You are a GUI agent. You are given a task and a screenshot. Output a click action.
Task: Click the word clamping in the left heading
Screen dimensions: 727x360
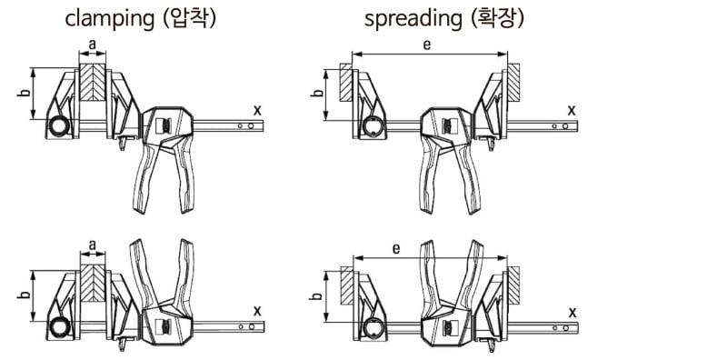click(109, 19)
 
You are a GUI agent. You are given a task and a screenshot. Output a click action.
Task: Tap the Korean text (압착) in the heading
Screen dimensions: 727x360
click(188, 18)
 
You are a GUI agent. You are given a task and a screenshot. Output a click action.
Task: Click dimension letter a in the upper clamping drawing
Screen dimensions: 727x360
click(93, 45)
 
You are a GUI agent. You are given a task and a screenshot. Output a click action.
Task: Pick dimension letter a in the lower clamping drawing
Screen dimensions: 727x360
click(93, 245)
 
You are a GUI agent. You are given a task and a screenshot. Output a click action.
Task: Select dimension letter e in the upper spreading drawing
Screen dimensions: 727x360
click(427, 45)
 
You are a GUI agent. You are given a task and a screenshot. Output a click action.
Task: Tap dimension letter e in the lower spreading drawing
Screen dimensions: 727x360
click(395, 249)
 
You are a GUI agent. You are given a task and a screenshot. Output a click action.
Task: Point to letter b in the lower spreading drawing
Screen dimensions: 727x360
click(315, 295)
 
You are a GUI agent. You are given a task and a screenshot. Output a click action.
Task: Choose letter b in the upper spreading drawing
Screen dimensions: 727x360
click(316, 92)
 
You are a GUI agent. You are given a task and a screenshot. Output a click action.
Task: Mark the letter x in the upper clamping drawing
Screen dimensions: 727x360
click(257, 110)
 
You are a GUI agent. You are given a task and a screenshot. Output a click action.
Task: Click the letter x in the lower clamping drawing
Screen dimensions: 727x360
click(258, 311)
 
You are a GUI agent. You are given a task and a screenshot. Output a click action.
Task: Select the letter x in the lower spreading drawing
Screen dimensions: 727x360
click(573, 313)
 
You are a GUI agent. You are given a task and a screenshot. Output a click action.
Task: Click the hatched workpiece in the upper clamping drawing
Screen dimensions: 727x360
click(93, 82)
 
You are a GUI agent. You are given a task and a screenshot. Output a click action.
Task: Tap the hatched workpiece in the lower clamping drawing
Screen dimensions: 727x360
click(93, 283)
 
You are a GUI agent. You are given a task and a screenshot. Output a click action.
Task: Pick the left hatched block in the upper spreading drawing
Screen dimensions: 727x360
click(346, 83)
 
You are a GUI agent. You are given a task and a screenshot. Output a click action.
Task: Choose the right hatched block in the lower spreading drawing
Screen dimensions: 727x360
click(513, 285)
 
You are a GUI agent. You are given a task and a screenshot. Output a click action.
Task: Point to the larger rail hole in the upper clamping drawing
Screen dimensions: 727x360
click(251, 125)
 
